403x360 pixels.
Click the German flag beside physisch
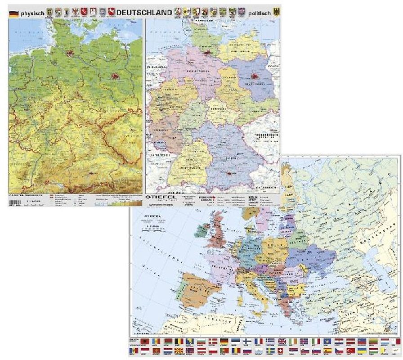[14, 13]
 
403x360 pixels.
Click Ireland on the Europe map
[201, 232]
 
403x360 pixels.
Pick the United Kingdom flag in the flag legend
[282, 342]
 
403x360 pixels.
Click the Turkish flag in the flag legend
[349, 350]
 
